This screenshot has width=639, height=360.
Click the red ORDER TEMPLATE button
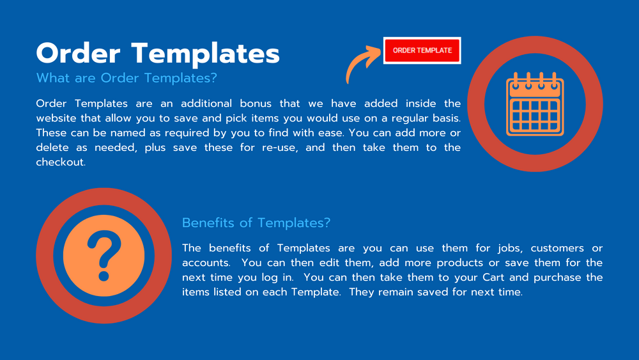click(x=422, y=51)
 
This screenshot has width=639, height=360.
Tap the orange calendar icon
click(x=535, y=104)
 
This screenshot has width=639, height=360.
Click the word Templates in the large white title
click(x=205, y=54)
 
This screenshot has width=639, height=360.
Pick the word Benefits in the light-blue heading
click(x=208, y=223)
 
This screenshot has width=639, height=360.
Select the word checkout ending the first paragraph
click(x=61, y=162)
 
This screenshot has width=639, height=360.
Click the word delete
click(x=52, y=148)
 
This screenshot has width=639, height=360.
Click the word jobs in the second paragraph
click(x=509, y=248)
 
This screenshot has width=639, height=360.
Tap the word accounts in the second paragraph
click(x=206, y=263)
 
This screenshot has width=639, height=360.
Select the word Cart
click(x=493, y=278)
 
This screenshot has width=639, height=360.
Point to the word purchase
click(x=557, y=278)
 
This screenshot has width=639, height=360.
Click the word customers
click(x=557, y=248)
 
